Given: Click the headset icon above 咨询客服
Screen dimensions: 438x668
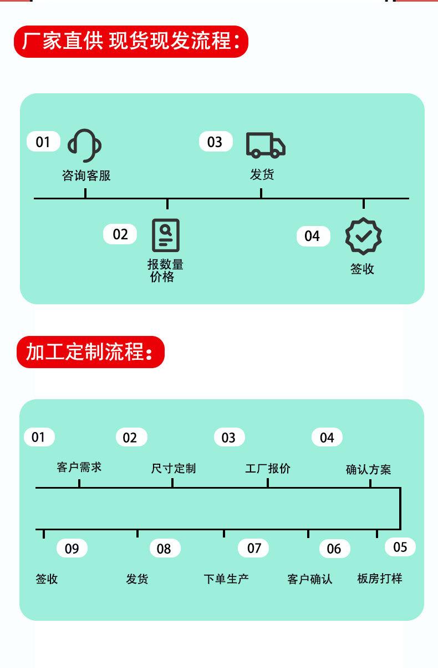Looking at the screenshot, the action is click(x=85, y=145).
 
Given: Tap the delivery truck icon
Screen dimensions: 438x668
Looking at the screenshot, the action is click(x=266, y=145).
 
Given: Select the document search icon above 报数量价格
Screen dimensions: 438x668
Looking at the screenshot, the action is click(x=166, y=235).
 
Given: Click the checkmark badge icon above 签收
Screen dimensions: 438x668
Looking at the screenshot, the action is click(x=363, y=236).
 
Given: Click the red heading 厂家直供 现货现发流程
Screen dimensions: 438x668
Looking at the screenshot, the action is click(x=131, y=42).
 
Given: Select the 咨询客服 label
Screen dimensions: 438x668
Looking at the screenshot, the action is click(x=86, y=175).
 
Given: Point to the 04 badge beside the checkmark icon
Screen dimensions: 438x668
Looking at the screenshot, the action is click(x=313, y=236).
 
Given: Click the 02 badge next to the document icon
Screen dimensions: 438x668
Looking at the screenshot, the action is click(x=120, y=234).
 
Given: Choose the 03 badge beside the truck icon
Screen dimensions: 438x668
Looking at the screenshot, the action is click(x=216, y=142).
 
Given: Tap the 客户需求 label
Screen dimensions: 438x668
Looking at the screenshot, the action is click(x=79, y=468).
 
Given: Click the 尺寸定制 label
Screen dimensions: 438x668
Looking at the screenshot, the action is click(x=174, y=469).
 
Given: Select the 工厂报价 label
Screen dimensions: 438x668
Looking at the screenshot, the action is click(x=268, y=469).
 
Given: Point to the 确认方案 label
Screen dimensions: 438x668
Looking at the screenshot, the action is click(x=368, y=469).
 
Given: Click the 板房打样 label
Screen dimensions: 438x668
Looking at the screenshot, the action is click(x=380, y=578).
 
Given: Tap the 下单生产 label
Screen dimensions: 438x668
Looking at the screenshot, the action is click(x=226, y=579).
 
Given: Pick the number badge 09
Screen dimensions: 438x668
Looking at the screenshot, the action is click(x=72, y=548).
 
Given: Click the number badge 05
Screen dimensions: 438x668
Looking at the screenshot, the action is click(x=400, y=547).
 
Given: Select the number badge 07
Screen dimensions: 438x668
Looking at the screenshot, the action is click(x=253, y=548).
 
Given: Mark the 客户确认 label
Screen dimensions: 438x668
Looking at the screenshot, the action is click(x=310, y=579).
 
